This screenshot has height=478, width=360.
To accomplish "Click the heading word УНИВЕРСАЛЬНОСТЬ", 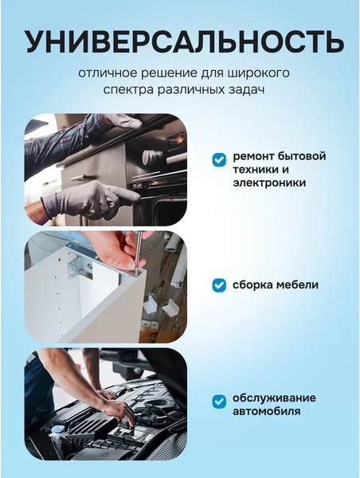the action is tap(185, 41).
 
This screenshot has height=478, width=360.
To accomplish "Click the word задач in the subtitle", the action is tap(247, 90).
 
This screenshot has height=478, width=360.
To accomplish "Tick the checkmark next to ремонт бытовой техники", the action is tap(219, 159).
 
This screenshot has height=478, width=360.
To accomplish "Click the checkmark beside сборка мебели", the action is tap(219, 285).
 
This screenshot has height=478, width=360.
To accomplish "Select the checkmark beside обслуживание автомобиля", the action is tap(219, 402).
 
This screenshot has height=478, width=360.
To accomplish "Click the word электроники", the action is tap(269, 183).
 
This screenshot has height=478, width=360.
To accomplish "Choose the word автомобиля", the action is tap(267, 411).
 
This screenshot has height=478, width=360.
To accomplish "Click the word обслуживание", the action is tap(274, 398).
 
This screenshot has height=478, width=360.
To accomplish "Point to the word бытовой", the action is tap(302, 156).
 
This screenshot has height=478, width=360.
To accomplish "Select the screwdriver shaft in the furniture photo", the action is tap(139, 252).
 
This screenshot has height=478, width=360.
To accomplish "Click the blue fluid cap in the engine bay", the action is tap(57, 429).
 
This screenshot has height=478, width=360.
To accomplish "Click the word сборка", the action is tap(252, 284).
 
